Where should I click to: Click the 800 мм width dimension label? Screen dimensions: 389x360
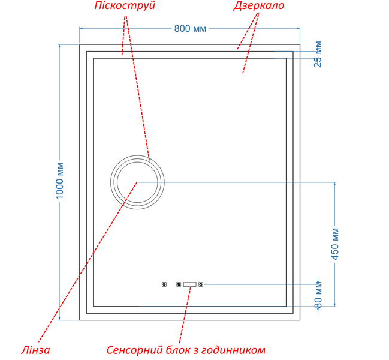tap(190, 29)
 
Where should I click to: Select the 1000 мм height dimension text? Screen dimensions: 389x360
tap(60, 181)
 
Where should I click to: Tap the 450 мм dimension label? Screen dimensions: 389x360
tap(335, 244)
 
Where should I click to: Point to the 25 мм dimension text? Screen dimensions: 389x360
tap(318, 54)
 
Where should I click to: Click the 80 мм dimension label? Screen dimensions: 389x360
tap(318, 295)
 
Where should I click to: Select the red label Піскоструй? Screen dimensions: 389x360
tap(125, 5)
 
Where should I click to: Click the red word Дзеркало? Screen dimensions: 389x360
tap(258, 5)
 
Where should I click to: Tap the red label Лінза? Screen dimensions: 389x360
tap(35, 350)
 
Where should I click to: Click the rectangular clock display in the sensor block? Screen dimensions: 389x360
tap(190, 284)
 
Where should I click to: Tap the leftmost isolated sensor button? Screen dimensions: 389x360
tap(164, 284)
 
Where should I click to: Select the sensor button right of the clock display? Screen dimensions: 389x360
tap(201, 284)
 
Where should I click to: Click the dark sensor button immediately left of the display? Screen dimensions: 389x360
tap(179, 284)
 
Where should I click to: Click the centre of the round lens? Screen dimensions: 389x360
tap(137, 182)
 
